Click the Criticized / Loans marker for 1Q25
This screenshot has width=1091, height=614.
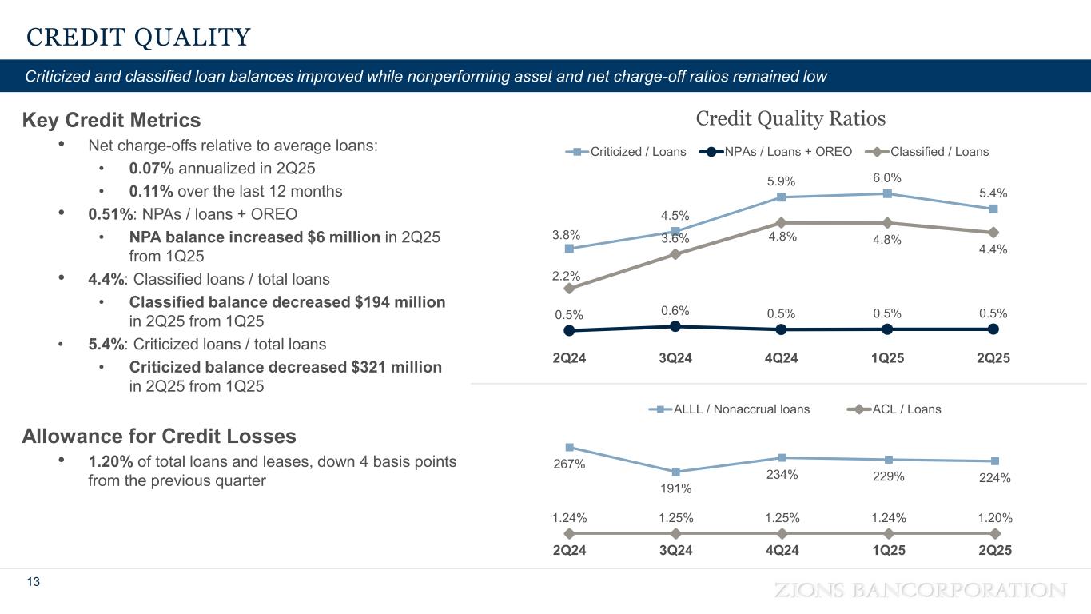[888, 193]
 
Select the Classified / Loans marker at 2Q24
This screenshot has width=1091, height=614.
[569, 289]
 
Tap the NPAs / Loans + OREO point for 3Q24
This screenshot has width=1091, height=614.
[675, 326]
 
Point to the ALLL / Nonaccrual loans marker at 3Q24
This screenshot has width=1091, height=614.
[675, 472]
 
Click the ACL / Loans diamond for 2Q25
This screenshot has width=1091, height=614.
[995, 533]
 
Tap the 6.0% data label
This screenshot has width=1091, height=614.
[888, 177]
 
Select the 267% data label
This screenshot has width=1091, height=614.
[568, 464]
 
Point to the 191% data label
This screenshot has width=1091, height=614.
[675, 488]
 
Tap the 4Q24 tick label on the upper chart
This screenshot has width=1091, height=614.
[782, 358]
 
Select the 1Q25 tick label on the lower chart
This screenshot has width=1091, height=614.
[888, 550]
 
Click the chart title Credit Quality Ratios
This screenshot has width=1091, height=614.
[790, 119]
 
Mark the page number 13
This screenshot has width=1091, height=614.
[33, 582]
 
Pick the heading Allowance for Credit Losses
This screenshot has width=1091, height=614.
[159, 437]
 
